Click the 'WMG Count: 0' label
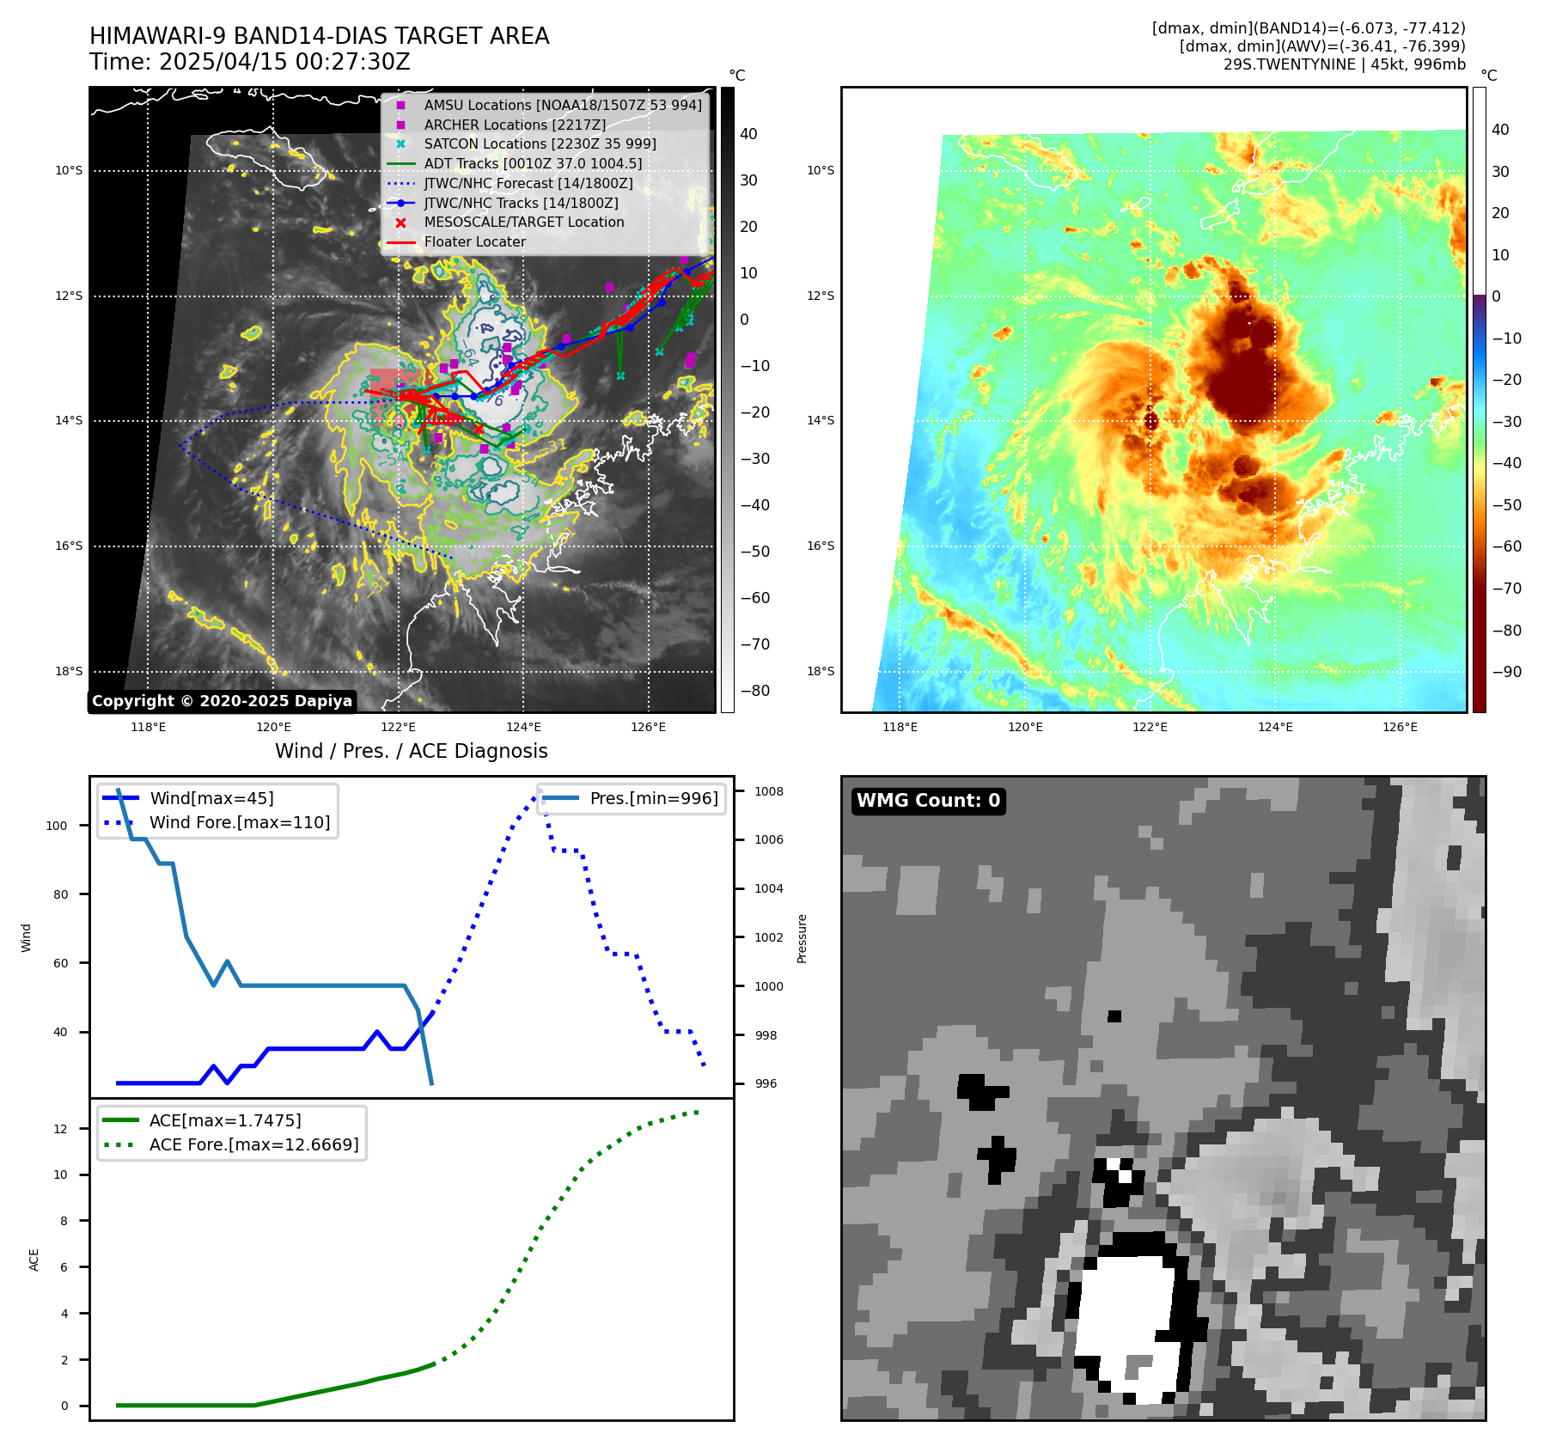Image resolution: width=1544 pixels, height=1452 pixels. pos(928,801)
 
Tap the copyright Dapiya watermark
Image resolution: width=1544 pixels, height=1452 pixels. pos(222,701)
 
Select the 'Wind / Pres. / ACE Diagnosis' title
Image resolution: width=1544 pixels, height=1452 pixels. pos(411,751)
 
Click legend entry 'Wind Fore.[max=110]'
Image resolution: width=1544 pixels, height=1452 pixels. pos(240,822)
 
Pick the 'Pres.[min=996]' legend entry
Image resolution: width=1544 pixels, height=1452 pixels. pos(653,798)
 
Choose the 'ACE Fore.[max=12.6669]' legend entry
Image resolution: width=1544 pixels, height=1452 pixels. pos(253,1144)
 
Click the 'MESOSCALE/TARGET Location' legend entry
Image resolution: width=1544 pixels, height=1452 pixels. pos(523,222)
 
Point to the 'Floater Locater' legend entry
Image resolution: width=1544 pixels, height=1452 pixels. pos(474,241)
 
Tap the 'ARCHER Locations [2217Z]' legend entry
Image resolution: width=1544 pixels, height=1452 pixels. pos(514,125)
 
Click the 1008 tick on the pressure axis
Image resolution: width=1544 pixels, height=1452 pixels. pos(769,791)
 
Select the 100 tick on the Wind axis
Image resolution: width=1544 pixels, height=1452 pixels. pos(57,826)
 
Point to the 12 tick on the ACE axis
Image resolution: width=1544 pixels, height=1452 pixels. pos(60,1129)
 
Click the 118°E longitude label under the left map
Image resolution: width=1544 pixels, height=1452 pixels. pos(148,727)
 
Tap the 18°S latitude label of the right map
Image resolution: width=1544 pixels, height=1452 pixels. pos(820,671)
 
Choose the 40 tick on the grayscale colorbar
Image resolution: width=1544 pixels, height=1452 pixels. pos(748,134)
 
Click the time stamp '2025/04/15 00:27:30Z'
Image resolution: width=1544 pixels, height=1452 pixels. pos(284,62)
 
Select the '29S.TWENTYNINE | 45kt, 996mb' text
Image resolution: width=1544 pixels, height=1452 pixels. pos(1344,64)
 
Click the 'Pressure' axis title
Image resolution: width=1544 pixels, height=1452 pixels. pos(802,938)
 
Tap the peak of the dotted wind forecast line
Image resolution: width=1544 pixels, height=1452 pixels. pos(540,791)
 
